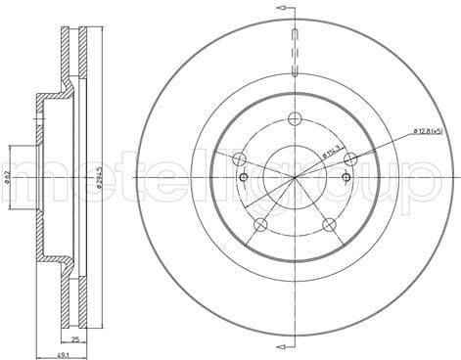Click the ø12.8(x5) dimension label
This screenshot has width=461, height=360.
pos(429,129)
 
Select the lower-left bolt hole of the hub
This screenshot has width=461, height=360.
pos(261,226)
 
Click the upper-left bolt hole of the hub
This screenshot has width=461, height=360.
pos(240,159)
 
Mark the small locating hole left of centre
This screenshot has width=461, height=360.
pos(244,177)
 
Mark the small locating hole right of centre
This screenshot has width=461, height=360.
pos(346,176)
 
